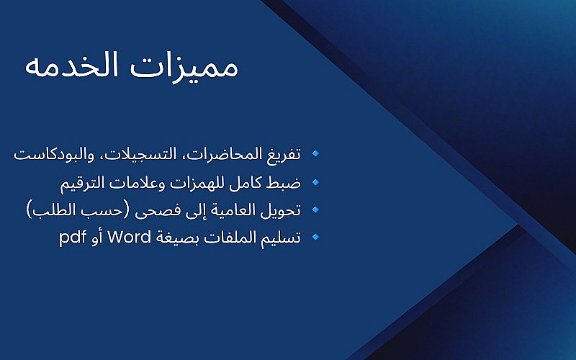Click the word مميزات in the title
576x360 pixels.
click(x=184, y=66)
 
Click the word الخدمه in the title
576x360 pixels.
click(x=71, y=65)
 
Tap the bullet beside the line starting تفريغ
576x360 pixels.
click(x=315, y=153)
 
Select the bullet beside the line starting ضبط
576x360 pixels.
click(x=315, y=182)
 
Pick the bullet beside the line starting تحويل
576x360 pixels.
click(x=315, y=210)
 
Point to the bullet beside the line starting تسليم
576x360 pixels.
click(x=315, y=237)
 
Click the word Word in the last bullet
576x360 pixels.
click(x=129, y=237)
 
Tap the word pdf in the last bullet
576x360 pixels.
click(x=73, y=238)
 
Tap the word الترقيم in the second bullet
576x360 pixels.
click(x=87, y=183)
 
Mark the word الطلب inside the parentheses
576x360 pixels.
click(x=50, y=210)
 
